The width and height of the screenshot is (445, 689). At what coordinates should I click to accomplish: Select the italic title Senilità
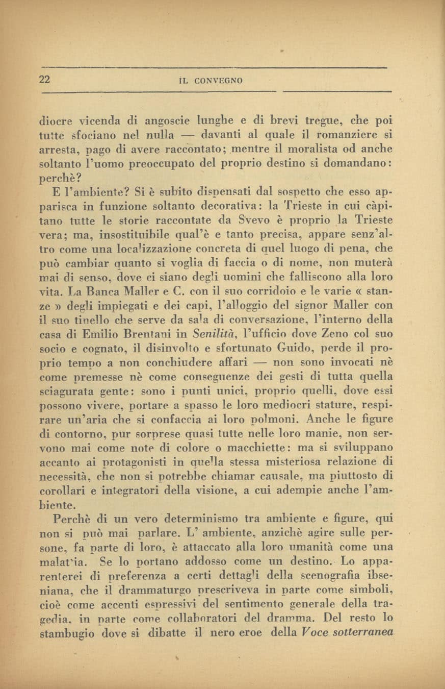[207, 335]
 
